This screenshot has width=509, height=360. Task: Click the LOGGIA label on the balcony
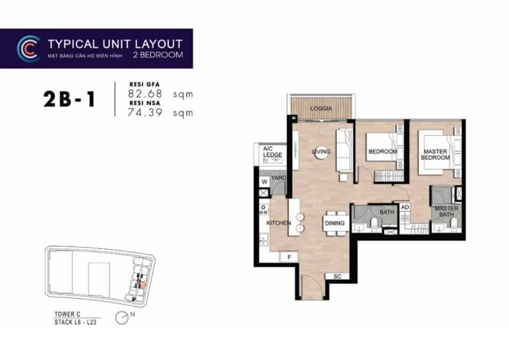[x=321, y=108]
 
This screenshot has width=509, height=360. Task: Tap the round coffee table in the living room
[x=321, y=152]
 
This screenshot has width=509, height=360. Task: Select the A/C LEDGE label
[x=272, y=152]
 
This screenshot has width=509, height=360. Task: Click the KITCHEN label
[x=278, y=223]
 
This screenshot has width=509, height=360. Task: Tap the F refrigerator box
[x=288, y=257]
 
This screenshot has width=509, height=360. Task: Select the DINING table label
[x=335, y=223]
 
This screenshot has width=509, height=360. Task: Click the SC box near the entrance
[x=337, y=276]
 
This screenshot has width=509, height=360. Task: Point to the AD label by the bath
[x=405, y=207]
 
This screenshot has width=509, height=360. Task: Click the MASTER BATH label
[x=446, y=212]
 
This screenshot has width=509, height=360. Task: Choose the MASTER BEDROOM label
[x=435, y=154]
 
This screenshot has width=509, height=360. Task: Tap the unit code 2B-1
[x=69, y=100]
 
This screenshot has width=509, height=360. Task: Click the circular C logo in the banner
[x=28, y=49]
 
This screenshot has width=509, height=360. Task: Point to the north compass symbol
[x=122, y=317]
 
